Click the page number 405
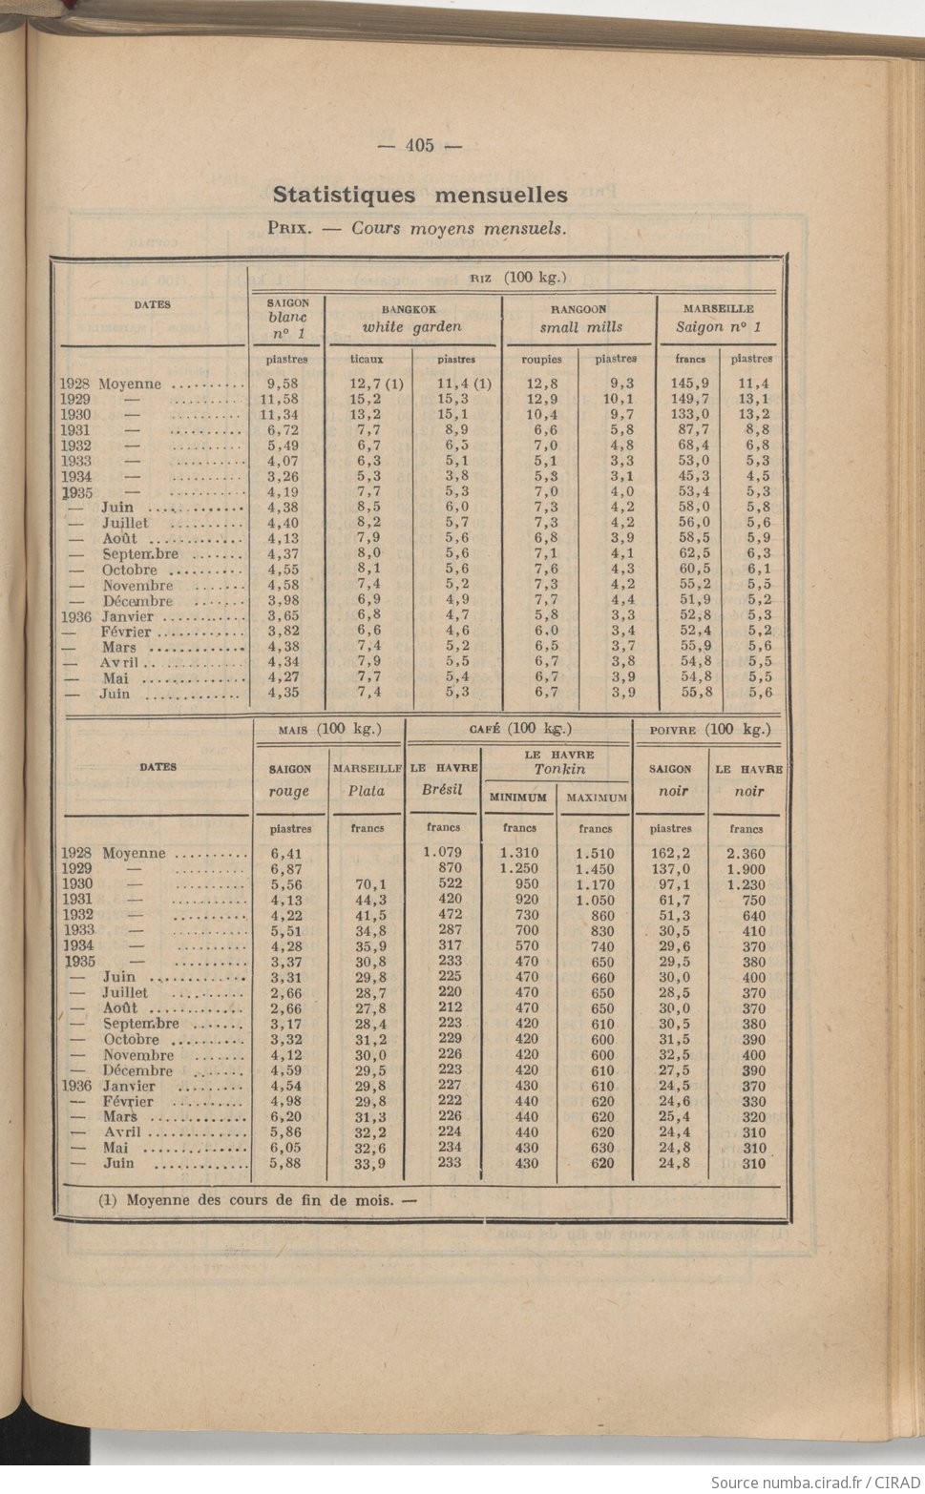419,145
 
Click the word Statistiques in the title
344,195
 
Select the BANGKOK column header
410,309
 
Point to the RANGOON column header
578,309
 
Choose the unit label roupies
541,360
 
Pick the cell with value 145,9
689,384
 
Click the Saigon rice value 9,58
284,384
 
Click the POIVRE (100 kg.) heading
708,730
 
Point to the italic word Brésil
442,790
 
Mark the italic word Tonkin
559,769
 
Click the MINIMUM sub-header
519,798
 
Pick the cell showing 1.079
443,852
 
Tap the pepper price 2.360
746,854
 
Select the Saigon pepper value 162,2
674,854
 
